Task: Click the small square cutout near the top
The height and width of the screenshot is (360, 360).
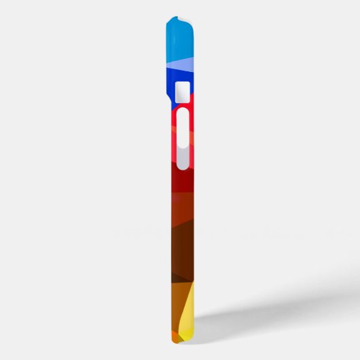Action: (182, 92)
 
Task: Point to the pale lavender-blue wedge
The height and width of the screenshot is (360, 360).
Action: (183, 65)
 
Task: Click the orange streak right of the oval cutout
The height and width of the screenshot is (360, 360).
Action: (192, 139)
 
